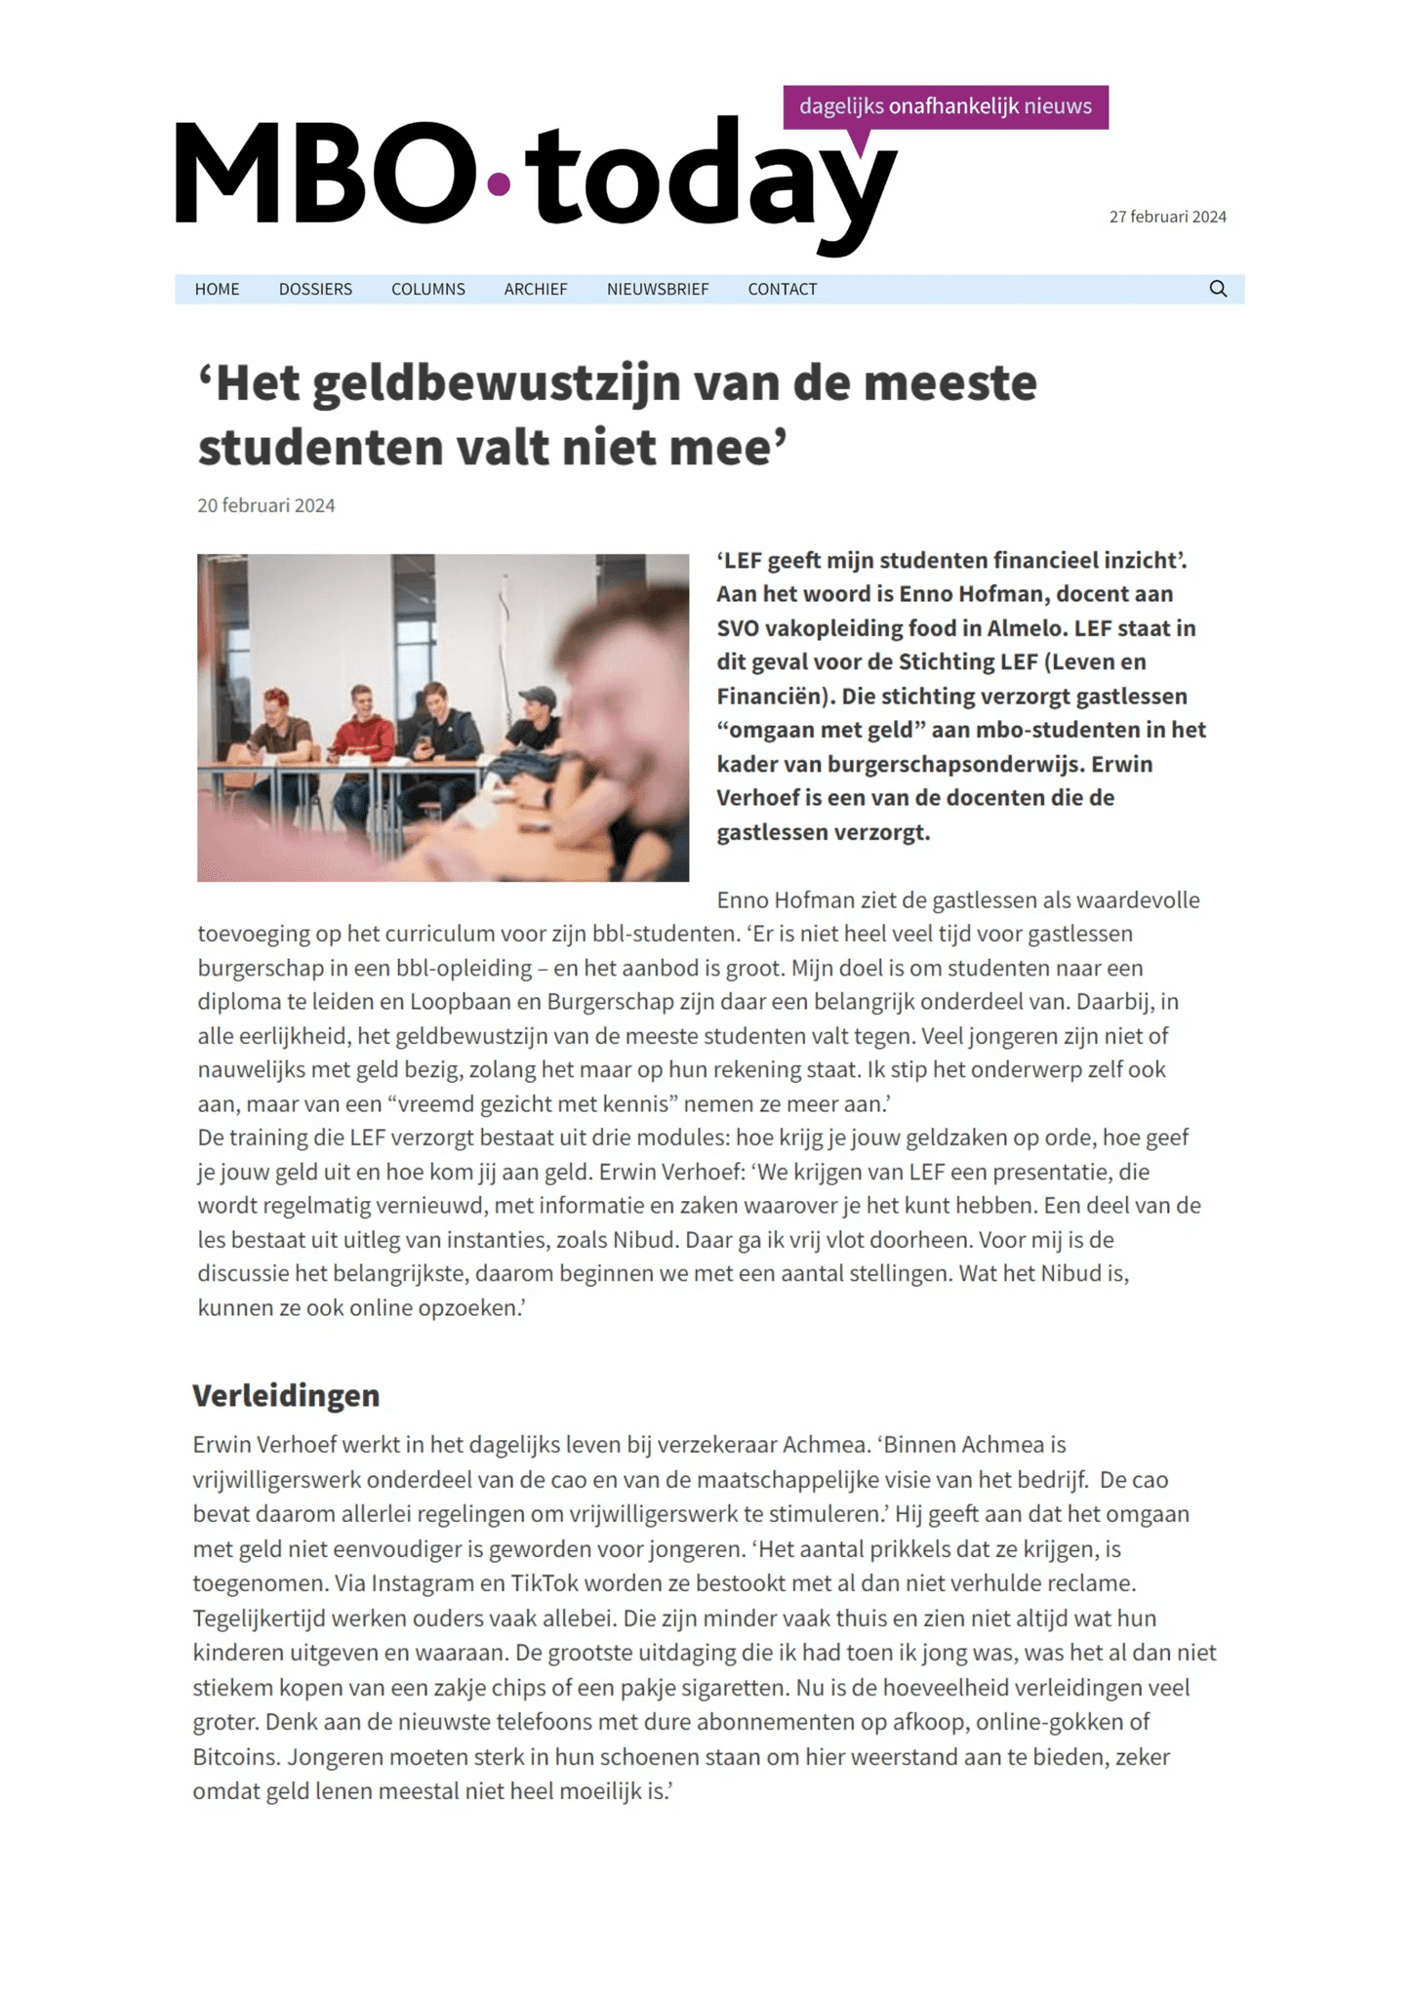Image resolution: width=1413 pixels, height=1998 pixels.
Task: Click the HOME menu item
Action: [x=217, y=289]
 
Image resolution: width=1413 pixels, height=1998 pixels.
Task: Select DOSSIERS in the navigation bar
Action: [x=315, y=289]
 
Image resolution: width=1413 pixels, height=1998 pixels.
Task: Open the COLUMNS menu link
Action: [x=427, y=289]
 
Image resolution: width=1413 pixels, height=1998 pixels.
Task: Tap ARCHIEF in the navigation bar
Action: [x=536, y=289]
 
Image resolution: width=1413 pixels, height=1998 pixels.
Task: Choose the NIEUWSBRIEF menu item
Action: [x=658, y=289]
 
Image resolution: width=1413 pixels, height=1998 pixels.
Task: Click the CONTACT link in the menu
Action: [x=782, y=289]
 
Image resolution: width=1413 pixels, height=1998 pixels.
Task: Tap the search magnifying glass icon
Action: [x=1218, y=289]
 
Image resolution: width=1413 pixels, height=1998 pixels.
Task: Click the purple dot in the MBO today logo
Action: [x=499, y=183]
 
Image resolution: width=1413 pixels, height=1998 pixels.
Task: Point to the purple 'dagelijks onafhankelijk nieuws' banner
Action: [x=945, y=106]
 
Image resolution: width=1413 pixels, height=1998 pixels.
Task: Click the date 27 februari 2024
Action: [x=1167, y=217]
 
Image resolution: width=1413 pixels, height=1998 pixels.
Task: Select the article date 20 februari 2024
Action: [x=266, y=505]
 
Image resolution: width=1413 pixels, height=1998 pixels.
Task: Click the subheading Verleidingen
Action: [x=286, y=1395]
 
